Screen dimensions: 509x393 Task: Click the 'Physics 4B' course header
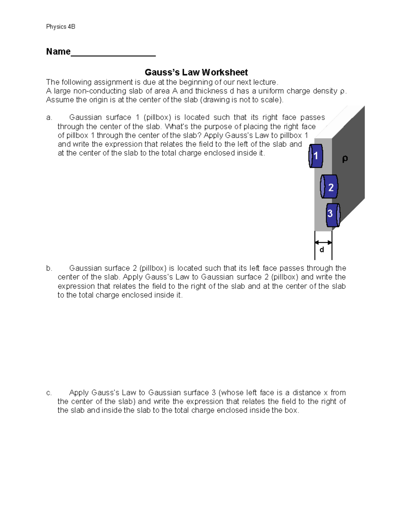[x=61, y=27]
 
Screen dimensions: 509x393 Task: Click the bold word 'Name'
[x=58, y=52]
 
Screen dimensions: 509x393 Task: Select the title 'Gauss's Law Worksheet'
[x=196, y=72]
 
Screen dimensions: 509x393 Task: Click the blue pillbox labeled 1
[x=316, y=156]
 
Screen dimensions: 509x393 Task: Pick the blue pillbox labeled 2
[x=329, y=187]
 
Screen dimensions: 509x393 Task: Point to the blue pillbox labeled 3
[x=332, y=215]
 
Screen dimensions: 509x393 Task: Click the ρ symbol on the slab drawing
[x=345, y=159]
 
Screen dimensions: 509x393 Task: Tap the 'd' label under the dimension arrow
[x=322, y=250]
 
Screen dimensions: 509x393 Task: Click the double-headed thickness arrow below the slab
[x=323, y=243]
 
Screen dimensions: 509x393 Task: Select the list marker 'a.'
[x=49, y=118]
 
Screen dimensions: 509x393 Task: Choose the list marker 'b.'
[x=49, y=268]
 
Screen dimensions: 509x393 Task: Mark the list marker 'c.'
[x=49, y=393]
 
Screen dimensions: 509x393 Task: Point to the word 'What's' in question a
[x=176, y=127]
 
